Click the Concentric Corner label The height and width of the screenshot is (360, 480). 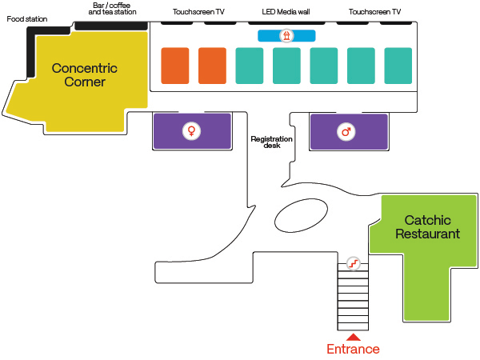tap(84, 74)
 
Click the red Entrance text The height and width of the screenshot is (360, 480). tap(353, 349)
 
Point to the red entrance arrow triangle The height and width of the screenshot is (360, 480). tap(353, 337)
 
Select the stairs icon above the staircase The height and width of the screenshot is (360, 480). tap(353, 262)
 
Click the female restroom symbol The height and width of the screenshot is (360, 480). tap(191, 131)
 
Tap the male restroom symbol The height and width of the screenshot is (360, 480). tap(346, 131)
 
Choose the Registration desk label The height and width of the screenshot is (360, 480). tap(272, 142)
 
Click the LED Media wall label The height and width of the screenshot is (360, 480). tap(286, 12)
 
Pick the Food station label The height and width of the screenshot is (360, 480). tap(27, 18)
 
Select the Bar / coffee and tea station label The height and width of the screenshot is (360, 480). tap(112, 9)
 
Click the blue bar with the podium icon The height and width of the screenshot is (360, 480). tap(286, 36)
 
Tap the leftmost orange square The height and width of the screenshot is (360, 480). tap(175, 66)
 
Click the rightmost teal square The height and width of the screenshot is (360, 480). tap(398, 66)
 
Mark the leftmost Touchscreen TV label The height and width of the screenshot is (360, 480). tap(198, 12)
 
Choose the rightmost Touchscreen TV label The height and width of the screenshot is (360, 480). tap(374, 12)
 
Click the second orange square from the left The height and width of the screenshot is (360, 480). tap(212, 66)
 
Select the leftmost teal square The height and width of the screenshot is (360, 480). tap(250, 66)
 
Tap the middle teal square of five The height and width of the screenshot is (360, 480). tap(324, 66)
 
